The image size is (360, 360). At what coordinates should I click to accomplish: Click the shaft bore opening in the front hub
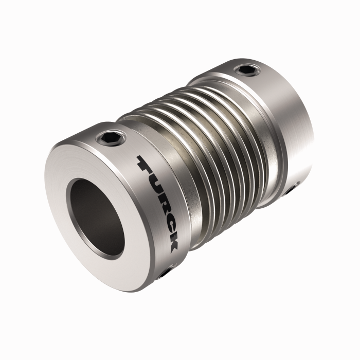[x=98, y=216]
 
